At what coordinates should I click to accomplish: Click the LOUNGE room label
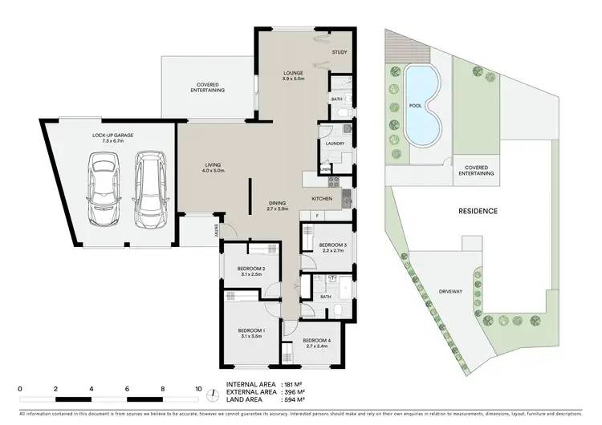pos(294,73)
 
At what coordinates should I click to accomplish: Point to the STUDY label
pos(340,54)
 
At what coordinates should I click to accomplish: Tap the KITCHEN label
pos(322,198)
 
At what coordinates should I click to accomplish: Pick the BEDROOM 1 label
pos(251,334)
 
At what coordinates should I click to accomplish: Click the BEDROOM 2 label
pos(251,270)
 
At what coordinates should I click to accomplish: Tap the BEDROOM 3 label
pos(332,247)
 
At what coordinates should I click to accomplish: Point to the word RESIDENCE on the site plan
pos(478,212)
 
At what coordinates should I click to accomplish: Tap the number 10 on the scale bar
pos(198,388)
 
